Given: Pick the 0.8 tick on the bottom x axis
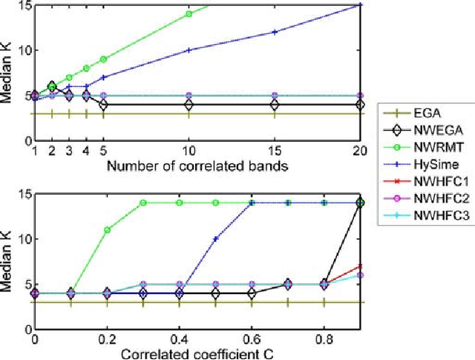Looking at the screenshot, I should (324, 339).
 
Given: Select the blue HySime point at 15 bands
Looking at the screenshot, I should (275, 32).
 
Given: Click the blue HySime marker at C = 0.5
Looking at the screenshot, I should (216, 239).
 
